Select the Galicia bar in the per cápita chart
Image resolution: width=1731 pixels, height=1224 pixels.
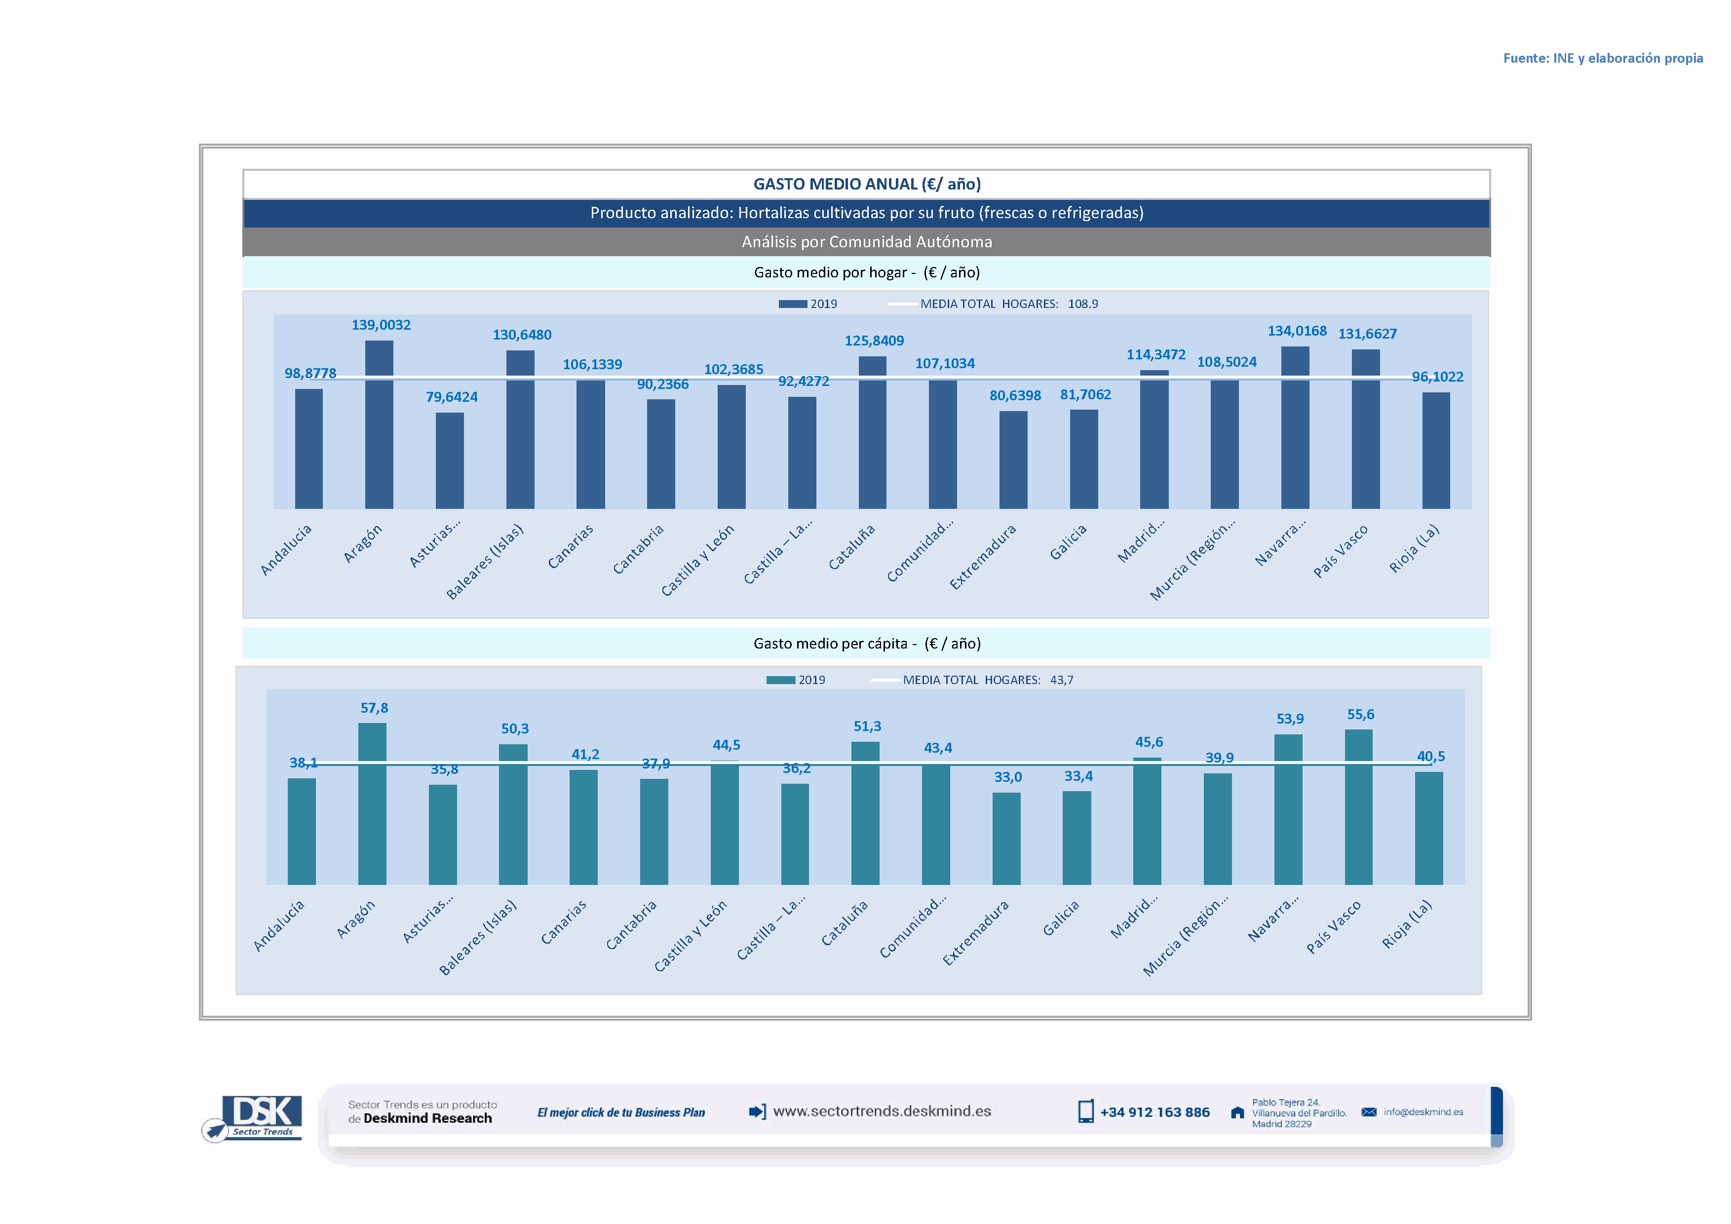coord(1076,838)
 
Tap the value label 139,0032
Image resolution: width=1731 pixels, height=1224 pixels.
coord(381,325)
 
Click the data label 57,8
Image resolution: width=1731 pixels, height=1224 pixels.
coord(374,708)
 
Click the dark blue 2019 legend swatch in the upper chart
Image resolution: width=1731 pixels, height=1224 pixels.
coord(792,304)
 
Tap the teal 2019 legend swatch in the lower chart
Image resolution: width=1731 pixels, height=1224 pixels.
coord(780,680)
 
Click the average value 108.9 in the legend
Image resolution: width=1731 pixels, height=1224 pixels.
coord(1082,304)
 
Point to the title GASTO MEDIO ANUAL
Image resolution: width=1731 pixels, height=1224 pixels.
coord(866,184)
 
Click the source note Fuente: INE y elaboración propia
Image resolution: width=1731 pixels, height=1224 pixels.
coord(1602,58)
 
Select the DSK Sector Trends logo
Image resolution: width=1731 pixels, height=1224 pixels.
coord(255,1117)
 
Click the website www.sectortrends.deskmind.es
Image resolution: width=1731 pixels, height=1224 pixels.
coord(882,1111)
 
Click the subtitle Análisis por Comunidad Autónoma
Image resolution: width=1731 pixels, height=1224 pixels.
coord(866,242)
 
